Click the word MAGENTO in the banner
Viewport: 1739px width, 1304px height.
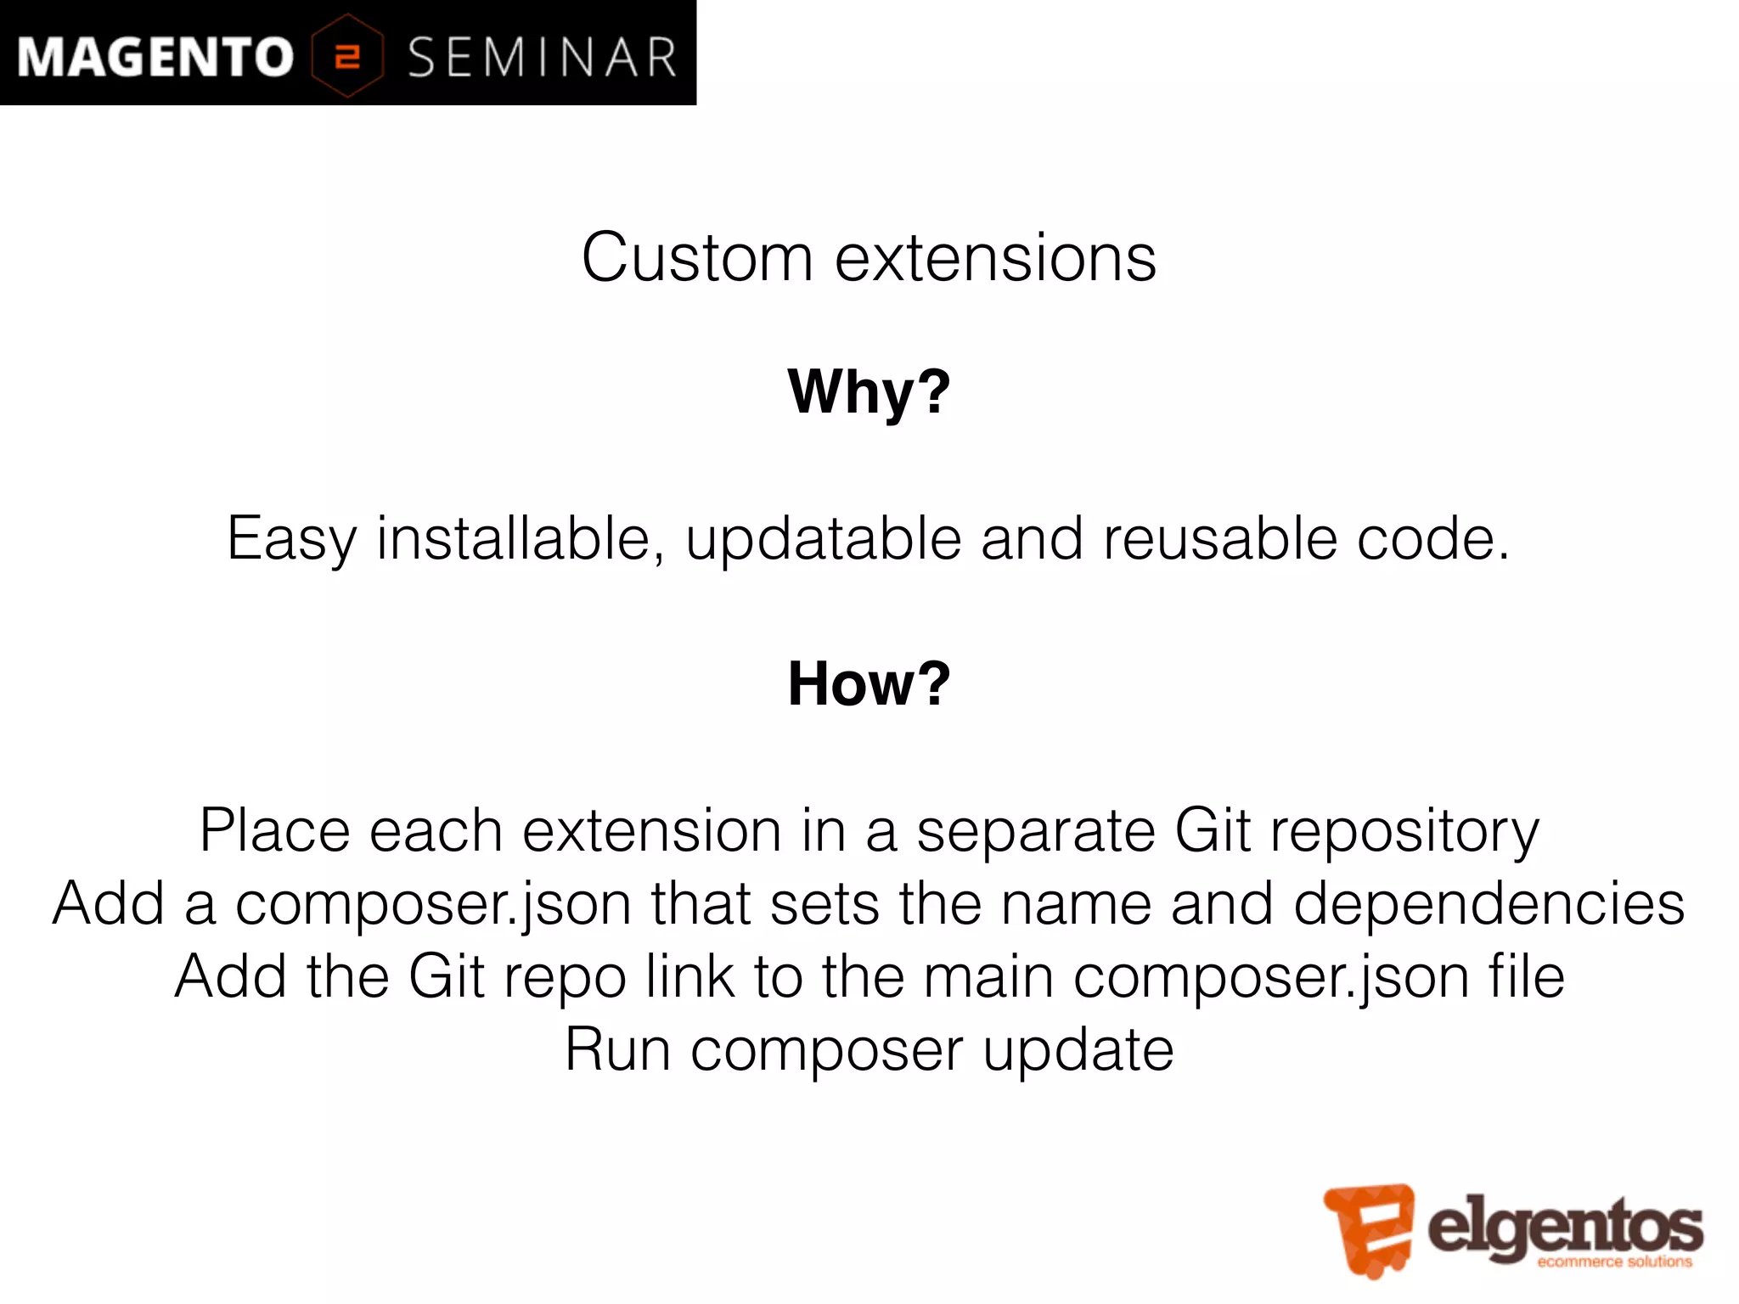tap(155, 58)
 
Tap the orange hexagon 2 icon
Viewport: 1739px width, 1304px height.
tap(347, 56)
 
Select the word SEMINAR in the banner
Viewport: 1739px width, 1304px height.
tap(542, 58)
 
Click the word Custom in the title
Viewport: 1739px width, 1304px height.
tap(697, 258)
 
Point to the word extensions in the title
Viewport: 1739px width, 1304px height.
tap(995, 258)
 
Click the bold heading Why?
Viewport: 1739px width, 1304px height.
tap(869, 392)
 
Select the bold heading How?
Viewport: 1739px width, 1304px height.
tap(869, 684)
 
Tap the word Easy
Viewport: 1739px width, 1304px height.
tap(291, 540)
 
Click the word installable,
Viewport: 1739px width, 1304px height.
tap(521, 538)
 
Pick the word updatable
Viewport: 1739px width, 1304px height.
tap(822, 540)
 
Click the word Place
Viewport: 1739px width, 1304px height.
tap(274, 830)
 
